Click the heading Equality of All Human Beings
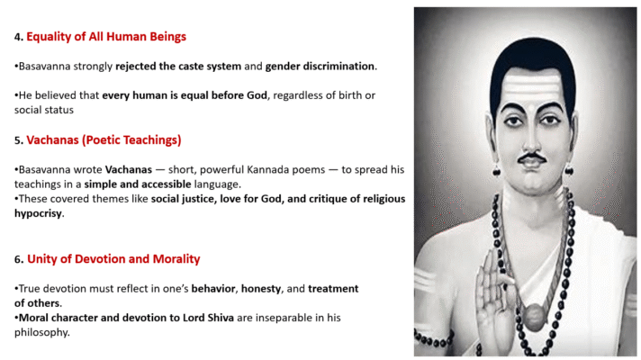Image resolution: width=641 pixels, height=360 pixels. click(x=106, y=37)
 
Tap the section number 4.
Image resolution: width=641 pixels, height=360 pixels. click(x=17, y=38)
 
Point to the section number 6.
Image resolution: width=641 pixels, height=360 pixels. click(x=17, y=260)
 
